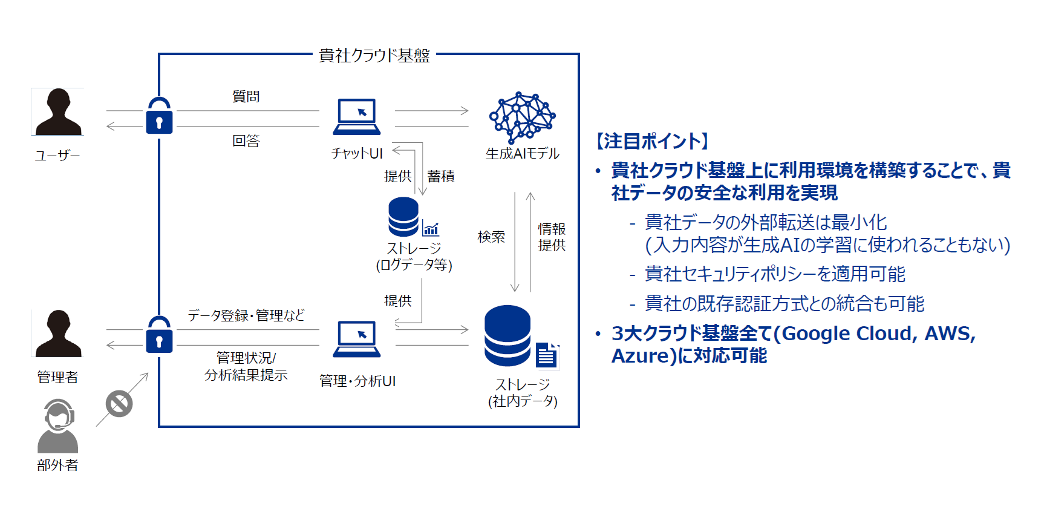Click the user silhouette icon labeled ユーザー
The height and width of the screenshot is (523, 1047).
[x=57, y=112]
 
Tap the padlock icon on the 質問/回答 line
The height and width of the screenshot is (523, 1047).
[x=159, y=116]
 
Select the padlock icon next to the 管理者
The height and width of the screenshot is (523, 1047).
[x=159, y=335]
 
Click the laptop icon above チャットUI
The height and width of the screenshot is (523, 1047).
[x=357, y=116]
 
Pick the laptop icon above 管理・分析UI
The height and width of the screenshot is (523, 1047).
[x=357, y=339]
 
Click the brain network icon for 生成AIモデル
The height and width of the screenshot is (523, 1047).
[x=521, y=117]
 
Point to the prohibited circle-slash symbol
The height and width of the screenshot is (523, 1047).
[x=119, y=404]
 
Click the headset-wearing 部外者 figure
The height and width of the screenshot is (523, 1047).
[x=58, y=426]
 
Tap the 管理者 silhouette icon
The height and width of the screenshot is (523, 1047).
[x=57, y=334]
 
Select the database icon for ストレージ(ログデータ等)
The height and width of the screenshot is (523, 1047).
[x=403, y=217]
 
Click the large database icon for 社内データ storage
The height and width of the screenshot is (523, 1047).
[x=507, y=336]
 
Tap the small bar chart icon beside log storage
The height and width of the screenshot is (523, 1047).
[x=431, y=229]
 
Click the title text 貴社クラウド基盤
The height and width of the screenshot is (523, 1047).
[x=374, y=56]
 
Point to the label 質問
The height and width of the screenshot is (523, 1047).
[x=246, y=96]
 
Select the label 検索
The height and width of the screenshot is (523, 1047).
[x=491, y=237]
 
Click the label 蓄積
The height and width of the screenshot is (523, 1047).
[x=440, y=176]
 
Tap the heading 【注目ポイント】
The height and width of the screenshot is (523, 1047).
[x=653, y=141]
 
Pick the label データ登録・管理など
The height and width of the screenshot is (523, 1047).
[x=246, y=315]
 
